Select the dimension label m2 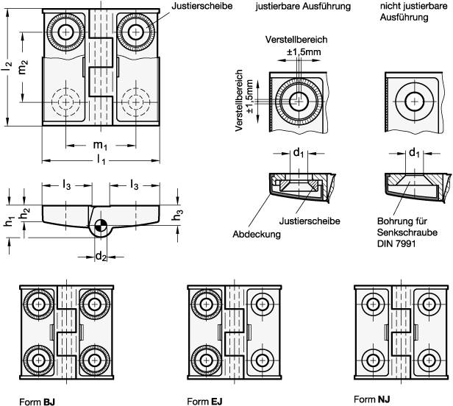(x=24, y=68)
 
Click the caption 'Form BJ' (x=38, y=401)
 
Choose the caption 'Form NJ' (x=372, y=399)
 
